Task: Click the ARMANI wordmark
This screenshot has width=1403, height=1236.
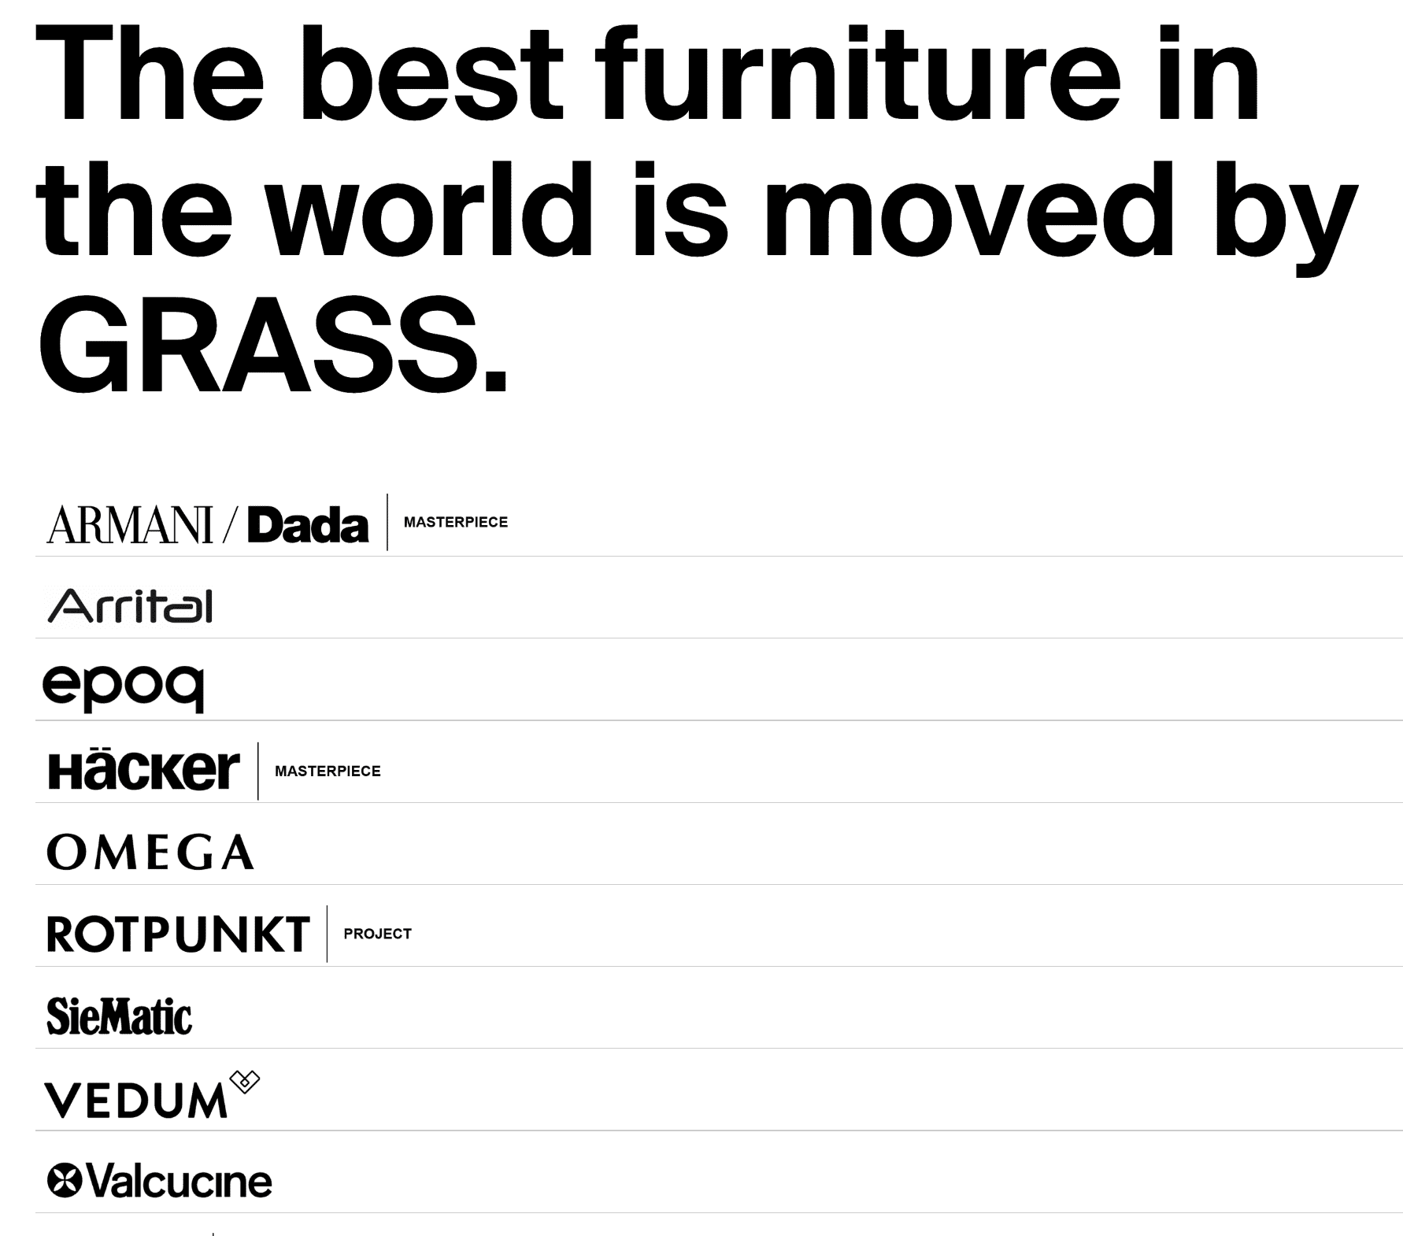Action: (x=130, y=525)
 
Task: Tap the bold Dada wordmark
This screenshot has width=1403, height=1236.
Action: (x=308, y=526)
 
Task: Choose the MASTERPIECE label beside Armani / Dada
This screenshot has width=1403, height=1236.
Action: (x=455, y=523)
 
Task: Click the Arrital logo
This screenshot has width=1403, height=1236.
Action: (x=130, y=605)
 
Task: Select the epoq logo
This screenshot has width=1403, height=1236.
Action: (x=124, y=687)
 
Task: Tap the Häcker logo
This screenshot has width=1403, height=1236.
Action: (x=143, y=770)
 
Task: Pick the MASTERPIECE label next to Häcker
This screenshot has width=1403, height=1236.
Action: (x=328, y=772)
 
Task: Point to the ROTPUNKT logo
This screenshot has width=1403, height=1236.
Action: (x=178, y=934)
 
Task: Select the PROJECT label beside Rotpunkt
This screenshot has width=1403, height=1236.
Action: (x=377, y=934)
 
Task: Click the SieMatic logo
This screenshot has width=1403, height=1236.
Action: (x=119, y=1016)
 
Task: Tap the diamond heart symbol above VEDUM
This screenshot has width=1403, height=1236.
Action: (x=244, y=1082)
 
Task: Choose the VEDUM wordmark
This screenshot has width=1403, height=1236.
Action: (x=135, y=1101)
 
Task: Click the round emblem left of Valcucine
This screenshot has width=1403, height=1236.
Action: (x=65, y=1181)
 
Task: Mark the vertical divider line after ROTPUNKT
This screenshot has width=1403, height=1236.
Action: (x=327, y=934)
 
